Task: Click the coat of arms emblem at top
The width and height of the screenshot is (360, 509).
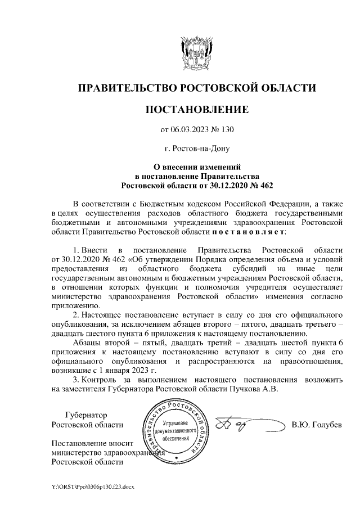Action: (x=196, y=52)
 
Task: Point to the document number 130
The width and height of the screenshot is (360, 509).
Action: (x=227, y=130)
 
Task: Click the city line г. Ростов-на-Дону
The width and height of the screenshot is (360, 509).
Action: (x=196, y=149)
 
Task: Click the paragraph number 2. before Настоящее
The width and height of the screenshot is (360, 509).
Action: (x=77, y=313)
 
